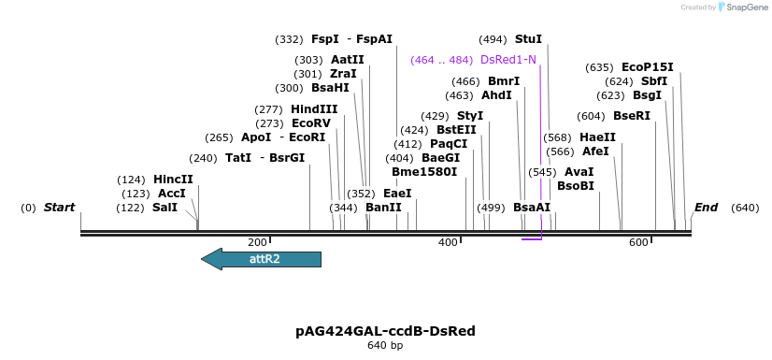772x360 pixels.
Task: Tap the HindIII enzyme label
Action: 314,109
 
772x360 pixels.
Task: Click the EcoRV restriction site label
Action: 311,123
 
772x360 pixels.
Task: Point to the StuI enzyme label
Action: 528,39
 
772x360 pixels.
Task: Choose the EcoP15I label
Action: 648,67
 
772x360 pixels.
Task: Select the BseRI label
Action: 631,116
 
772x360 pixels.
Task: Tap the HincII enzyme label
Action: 173,180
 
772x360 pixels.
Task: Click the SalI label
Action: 164,208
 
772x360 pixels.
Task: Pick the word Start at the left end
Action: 59,208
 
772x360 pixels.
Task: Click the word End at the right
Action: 706,208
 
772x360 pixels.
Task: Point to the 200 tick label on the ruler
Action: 257,243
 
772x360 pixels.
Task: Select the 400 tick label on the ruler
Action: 448,243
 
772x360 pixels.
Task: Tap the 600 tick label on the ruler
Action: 638,243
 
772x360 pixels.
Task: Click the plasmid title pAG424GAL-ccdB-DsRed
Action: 385,331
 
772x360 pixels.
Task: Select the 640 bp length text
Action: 385,346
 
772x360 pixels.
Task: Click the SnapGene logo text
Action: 742,7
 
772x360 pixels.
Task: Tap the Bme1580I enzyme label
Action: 424,172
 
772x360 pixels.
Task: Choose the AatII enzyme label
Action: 348,60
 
